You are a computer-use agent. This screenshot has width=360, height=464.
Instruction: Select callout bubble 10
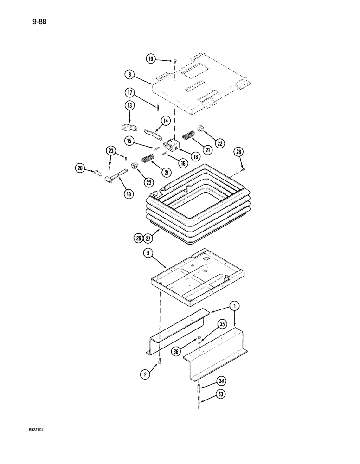(x=151, y=59)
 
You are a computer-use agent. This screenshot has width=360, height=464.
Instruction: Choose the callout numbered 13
(x=129, y=106)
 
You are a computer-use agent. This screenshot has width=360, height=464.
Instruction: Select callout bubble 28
(x=238, y=152)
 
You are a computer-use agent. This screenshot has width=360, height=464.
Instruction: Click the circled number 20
(x=80, y=169)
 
